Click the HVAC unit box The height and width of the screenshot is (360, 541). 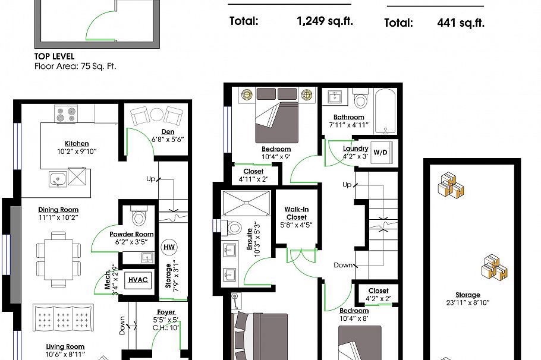[x=139, y=280]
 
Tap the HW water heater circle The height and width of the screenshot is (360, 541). [x=169, y=247]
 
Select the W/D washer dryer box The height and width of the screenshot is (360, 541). [x=380, y=153]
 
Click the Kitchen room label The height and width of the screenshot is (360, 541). [x=77, y=144]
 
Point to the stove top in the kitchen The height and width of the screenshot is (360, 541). [x=65, y=113]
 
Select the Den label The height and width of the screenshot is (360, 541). [x=167, y=132]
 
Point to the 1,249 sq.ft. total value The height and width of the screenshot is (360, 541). [x=325, y=21]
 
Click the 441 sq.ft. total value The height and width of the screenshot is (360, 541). [x=460, y=23]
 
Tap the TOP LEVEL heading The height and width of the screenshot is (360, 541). [x=54, y=56]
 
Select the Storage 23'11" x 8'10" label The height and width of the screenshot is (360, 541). [x=468, y=299]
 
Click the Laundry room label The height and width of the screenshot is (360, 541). [x=356, y=149]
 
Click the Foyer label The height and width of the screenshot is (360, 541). [x=166, y=312]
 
